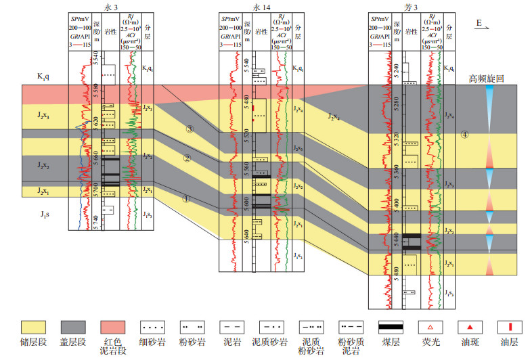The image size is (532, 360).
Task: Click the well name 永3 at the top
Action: (x=112, y=6)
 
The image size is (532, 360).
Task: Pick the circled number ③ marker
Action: (x=190, y=129)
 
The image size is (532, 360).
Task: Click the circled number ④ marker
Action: (x=464, y=135)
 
